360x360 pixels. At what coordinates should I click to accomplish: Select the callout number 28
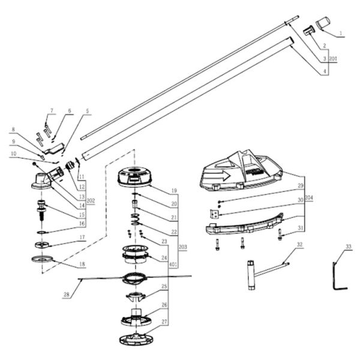tap(67, 294)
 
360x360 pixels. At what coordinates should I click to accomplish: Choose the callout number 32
tap(299, 245)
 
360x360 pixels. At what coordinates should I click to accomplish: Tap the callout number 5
tap(88, 111)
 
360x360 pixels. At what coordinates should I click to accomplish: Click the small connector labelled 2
tap(310, 29)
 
